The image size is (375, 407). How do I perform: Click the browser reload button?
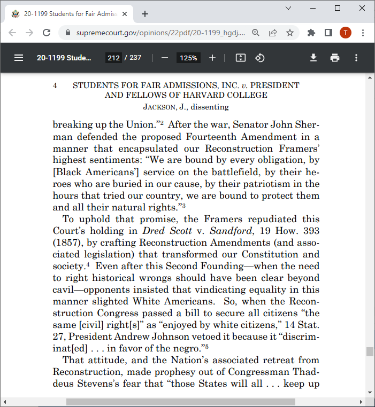(x=47, y=33)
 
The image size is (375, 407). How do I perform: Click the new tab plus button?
(x=144, y=14)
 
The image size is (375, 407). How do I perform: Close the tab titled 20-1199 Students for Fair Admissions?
(x=125, y=14)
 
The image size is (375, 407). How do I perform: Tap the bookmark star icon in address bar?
(x=289, y=33)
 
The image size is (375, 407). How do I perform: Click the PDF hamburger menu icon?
(x=19, y=58)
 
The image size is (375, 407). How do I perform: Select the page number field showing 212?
(x=113, y=58)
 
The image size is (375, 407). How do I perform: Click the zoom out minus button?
(x=165, y=58)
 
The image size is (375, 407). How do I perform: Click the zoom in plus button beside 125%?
(x=212, y=58)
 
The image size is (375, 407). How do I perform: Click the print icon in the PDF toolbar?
(x=335, y=58)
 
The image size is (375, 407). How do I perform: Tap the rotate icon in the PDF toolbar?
(x=260, y=58)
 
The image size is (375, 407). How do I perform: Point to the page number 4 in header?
(x=55, y=85)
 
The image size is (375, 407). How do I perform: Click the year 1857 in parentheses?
(x=67, y=242)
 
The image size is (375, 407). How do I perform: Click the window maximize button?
(x=338, y=8)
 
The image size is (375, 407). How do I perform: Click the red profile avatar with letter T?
(x=345, y=33)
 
